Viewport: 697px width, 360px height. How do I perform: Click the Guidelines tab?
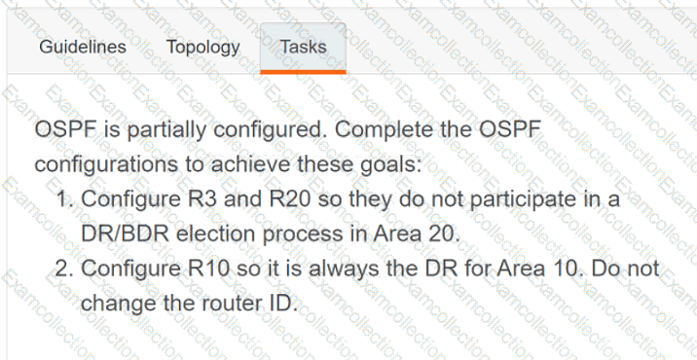pos(83,47)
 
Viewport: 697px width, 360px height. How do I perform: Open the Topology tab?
pos(203,48)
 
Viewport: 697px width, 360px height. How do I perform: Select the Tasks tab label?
pos(304,47)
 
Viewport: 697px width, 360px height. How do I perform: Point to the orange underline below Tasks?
pos(303,72)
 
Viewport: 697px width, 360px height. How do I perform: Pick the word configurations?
pos(106,165)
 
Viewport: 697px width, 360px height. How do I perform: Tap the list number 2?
pos(65,269)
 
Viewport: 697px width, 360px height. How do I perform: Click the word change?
pos(114,304)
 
